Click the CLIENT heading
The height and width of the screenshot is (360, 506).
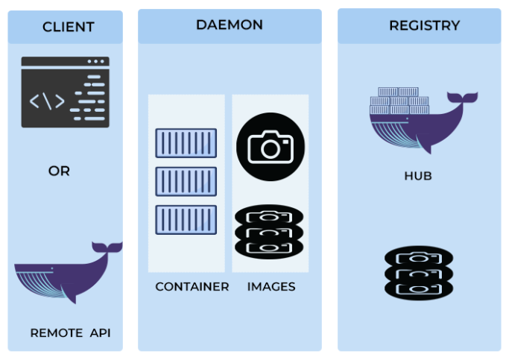[x=68, y=28]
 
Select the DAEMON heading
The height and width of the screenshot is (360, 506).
[x=229, y=25]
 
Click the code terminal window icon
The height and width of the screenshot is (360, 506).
[x=65, y=92]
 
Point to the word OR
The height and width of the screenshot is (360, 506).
[x=59, y=171]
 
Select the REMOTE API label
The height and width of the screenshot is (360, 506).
[x=70, y=333]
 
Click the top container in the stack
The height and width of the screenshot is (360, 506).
[x=186, y=143]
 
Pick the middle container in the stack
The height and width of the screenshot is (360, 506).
[x=186, y=181]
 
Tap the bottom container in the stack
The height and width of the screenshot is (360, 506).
[x=186, y=220]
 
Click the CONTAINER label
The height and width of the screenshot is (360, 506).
[x=192, y=286]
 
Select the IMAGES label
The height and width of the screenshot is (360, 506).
[x=271, y=286]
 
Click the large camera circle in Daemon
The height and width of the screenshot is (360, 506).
[x=271, y=147]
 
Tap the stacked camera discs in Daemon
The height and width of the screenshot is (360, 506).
[x=269, y=231]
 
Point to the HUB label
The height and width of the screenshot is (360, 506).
[x=417, y=177]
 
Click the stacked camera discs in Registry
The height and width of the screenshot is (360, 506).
[x=418, y=273]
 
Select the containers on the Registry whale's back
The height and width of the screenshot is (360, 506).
[x=399, y=101]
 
